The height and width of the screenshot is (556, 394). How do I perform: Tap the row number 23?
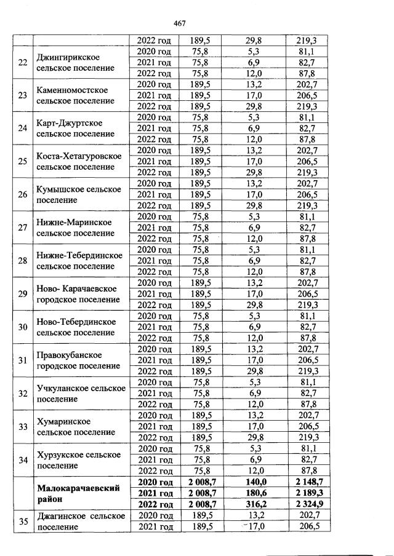coord(23,95)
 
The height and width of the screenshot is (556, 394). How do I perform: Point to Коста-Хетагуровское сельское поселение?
coord(79,162)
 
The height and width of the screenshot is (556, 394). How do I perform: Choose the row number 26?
coord(23,195)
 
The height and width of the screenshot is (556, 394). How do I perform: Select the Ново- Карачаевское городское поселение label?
coord(78,294)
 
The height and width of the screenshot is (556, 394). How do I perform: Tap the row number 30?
coord(23,327)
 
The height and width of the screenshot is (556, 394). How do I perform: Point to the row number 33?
coord(23,427)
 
